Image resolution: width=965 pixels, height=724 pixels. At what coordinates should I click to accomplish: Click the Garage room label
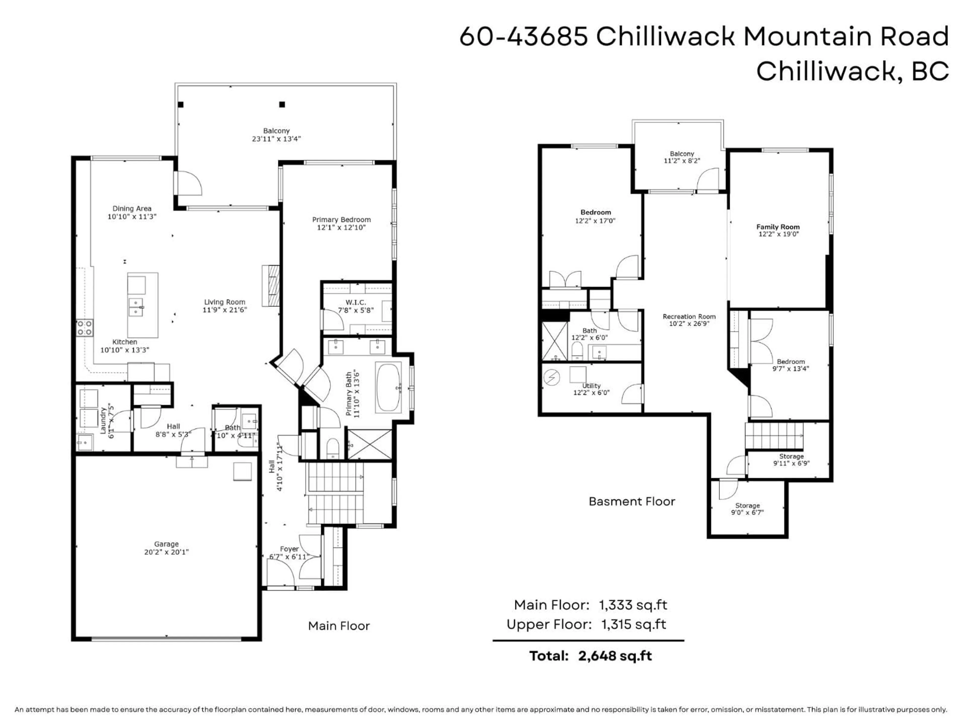(x=166, y=544)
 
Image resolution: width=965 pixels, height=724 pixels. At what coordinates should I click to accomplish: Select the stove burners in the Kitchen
(x=85, y=328)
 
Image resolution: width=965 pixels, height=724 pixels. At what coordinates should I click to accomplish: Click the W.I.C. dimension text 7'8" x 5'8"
(x=356, y=310)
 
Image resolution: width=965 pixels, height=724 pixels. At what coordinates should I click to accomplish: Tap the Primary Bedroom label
(x=341, y=219)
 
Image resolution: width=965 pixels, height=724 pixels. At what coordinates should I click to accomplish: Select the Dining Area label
(x=132, y=209)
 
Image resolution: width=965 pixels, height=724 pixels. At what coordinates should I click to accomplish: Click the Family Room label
(x=778, y=227)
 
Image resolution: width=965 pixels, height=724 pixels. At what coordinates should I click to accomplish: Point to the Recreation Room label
(x=689, y=317)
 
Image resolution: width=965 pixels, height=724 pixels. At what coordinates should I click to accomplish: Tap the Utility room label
(x=591, y=386)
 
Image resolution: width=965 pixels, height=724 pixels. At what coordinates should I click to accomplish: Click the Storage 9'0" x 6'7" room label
(x=747, y=505)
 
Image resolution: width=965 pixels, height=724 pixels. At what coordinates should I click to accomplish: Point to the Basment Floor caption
(x=632, y=502)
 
